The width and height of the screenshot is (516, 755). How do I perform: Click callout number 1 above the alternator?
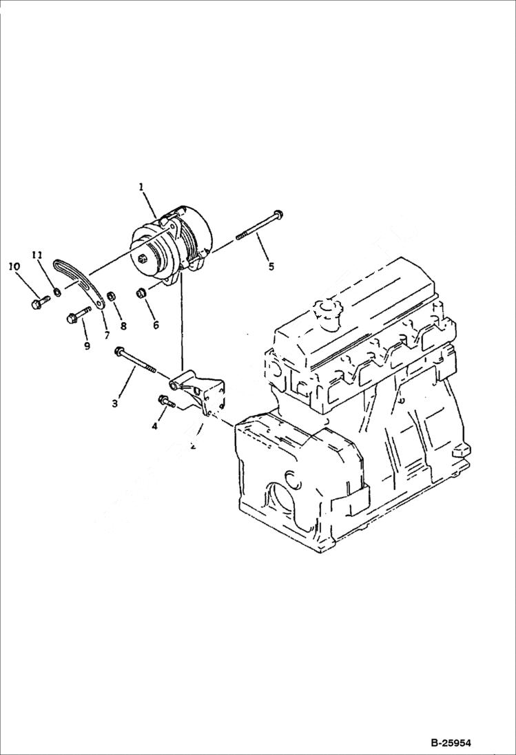tap(141, 187)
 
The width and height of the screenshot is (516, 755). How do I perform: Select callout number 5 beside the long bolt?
tap(271, 266)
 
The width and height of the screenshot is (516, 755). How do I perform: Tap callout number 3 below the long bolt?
tap(115, 403)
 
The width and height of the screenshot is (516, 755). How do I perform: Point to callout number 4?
tap(154, 427)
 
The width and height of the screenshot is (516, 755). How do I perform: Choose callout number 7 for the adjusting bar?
tap(107, 335)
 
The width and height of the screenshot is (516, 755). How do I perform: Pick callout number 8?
tap(123, 325)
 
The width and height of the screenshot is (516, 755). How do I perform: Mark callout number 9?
tap(87, 346)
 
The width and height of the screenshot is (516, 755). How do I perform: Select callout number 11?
tap(38, 255)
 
